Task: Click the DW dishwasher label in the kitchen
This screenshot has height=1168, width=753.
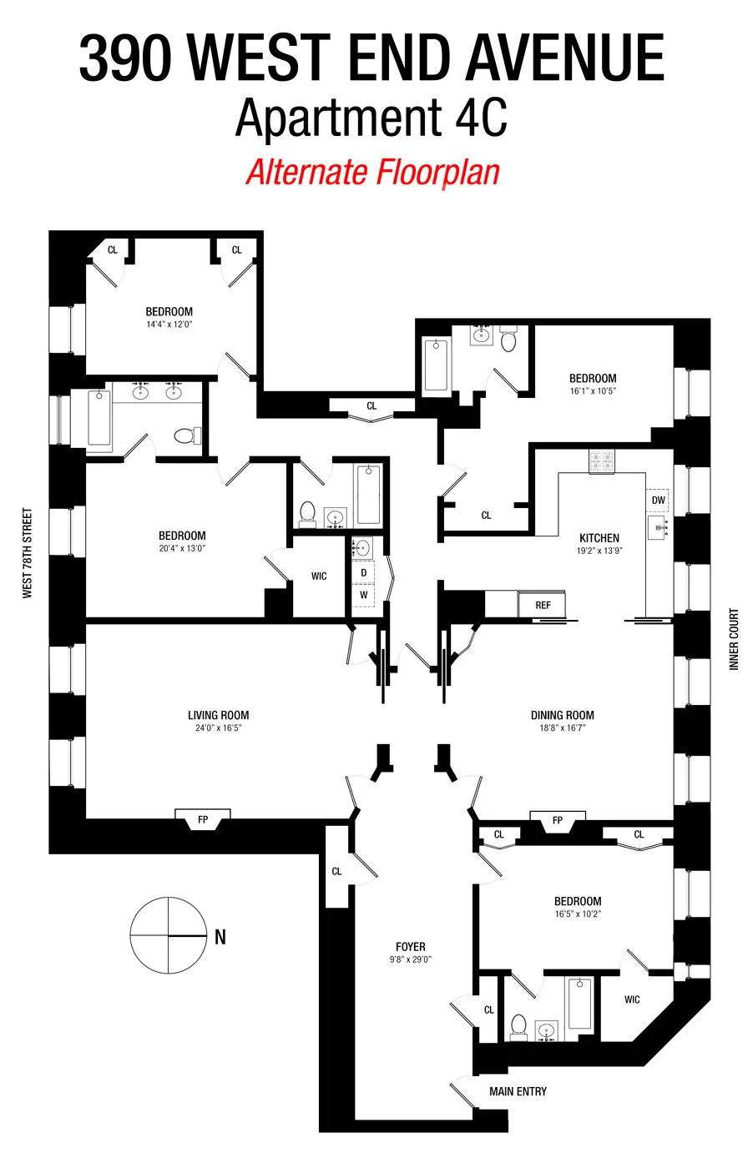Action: [x=658, y=501]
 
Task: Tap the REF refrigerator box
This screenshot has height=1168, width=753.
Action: [x=543, y=605]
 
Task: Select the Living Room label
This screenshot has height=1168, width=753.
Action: [x=218, y=715]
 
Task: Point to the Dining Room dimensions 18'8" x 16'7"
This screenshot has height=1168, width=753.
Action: [x=562, y=728]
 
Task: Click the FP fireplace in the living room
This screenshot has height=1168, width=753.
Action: [x=203, y=820]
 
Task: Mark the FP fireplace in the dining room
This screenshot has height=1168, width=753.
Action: [x=557, y=821]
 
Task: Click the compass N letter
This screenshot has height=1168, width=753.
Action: [x=220, y=937]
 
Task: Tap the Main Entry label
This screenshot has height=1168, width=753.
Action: [x=518, y=1091]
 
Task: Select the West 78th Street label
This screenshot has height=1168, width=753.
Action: [x=28, y=553]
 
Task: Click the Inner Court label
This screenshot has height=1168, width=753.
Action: [x=735, y=639]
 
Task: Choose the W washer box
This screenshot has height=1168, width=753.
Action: [x=363, y=596]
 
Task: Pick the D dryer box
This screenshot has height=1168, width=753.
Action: [x=363, y=573]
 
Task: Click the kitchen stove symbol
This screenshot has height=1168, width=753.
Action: [x=600, y=461]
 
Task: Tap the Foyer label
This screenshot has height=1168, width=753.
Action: [x=410, y=947]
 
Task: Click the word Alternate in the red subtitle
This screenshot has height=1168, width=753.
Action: [x=306, y=173]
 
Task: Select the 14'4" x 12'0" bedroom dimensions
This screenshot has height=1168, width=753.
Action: [x=169, y=325]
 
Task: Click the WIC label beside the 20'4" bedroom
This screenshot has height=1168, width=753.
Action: [x=319, y=576]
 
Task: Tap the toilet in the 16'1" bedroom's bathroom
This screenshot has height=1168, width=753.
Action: [x=508, y=341]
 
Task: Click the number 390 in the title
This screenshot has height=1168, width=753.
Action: [x=125, y=58]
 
